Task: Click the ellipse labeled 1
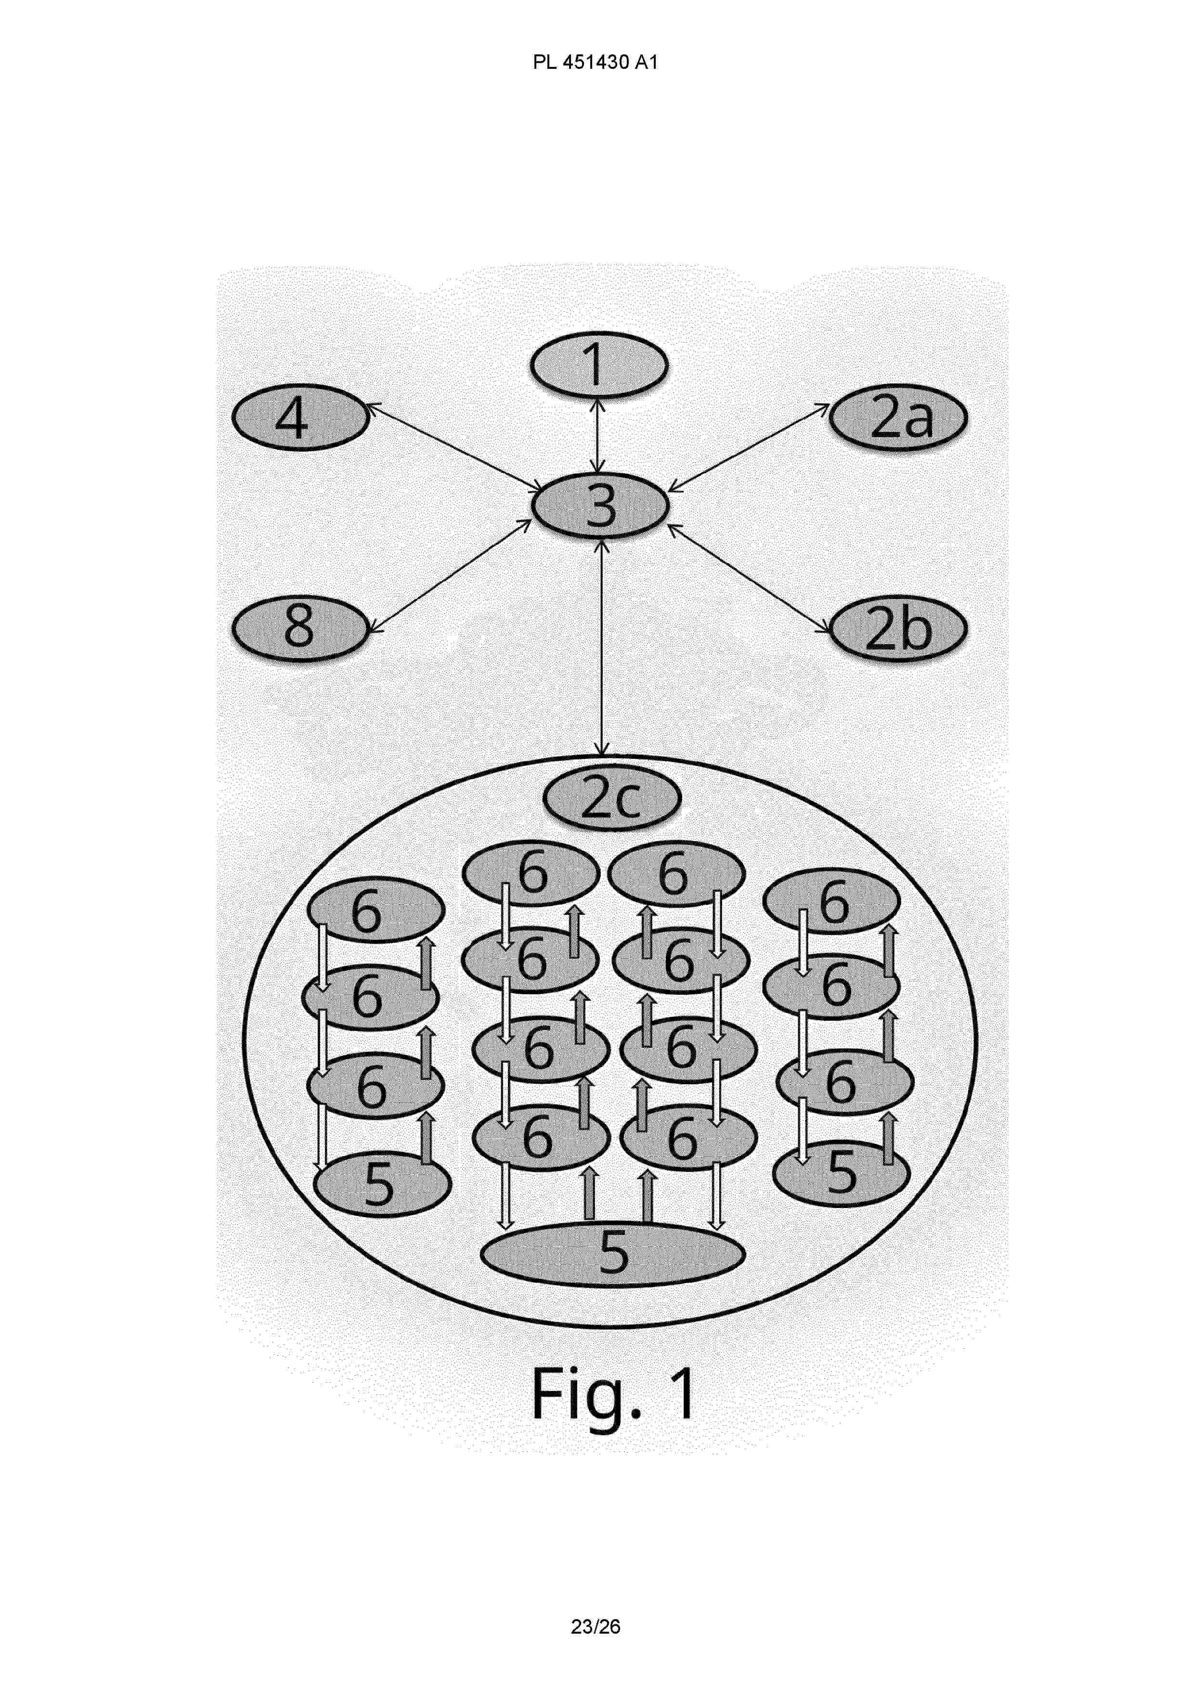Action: [599, 365]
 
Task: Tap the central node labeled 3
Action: [599, 506]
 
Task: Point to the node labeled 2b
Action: [898, 629]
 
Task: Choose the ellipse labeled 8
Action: [299, 629]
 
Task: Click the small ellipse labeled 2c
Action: [612, 800]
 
